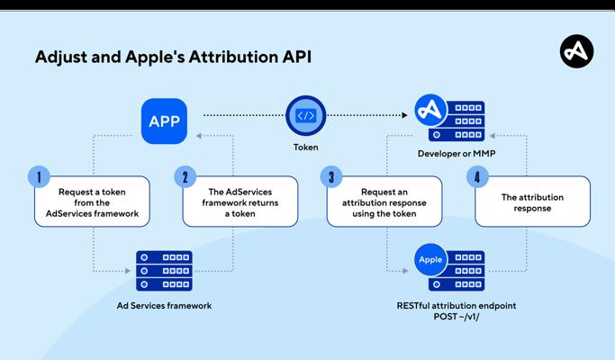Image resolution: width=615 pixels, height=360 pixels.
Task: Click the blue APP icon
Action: [164, 121]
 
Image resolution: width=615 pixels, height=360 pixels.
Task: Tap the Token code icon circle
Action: [305, 115]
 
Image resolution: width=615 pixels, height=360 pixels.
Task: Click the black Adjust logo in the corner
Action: [576, 51]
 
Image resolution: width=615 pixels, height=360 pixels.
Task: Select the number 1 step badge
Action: [38, 176]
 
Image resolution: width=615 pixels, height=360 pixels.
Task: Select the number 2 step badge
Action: [185, 176]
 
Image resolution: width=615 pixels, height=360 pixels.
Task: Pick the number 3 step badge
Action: [330, 176]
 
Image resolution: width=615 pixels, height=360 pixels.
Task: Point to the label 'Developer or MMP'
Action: [457, 154]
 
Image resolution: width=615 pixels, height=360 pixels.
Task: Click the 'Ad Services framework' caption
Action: [164, 306]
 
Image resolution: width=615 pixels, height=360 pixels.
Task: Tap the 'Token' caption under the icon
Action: [305, 147]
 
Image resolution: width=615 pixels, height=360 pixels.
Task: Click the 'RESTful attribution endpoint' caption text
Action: [457, 306]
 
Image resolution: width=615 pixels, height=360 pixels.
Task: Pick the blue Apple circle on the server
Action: [430, 260]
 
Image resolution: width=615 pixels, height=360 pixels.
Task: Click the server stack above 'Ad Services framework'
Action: [164, 270]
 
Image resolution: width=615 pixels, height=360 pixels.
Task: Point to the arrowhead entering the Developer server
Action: [405, 115]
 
